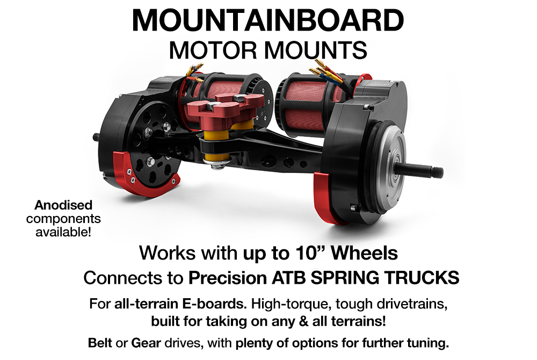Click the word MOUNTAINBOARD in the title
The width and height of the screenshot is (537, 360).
tap(267, 21)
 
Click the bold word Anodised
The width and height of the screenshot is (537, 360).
tap(63, 205)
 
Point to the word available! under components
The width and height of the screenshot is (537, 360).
tap(63, 232)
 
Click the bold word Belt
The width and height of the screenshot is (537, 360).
tap(100, 343)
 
